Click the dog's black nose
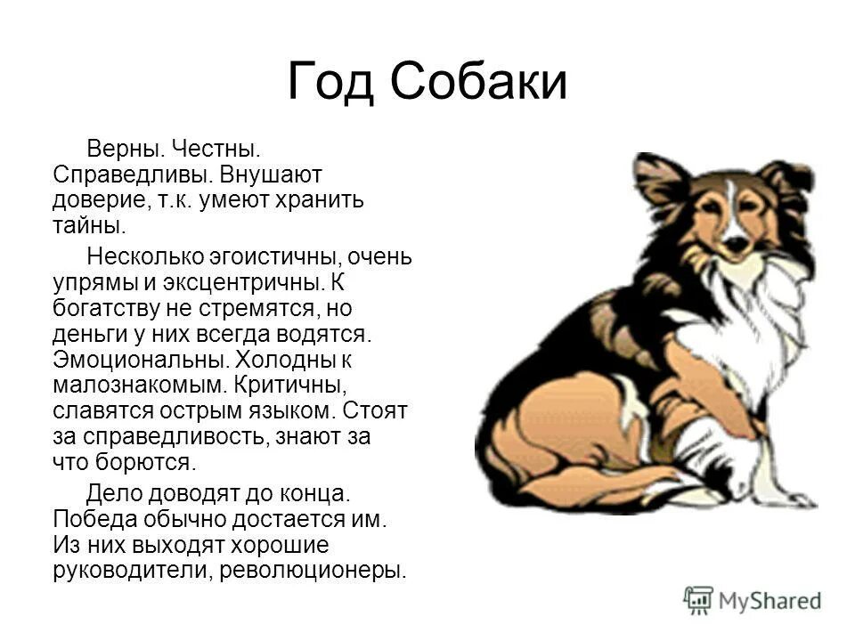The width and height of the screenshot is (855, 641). pyautogui.click(x=734, y=241)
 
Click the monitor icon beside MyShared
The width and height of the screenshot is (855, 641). pyautogui.click(x=698, y=600)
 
